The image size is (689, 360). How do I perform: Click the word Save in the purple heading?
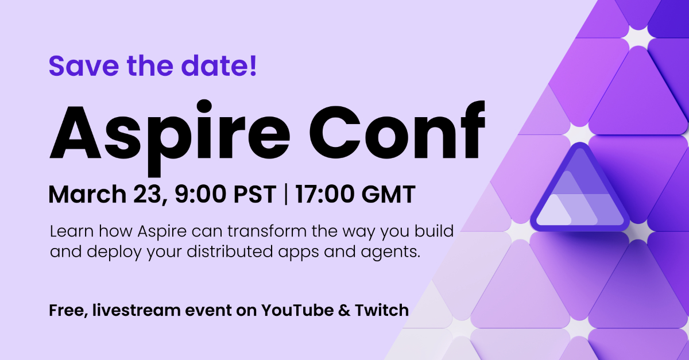[84, 65]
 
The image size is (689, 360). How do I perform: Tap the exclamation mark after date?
[253, 65]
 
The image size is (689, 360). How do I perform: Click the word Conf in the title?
[397, 130]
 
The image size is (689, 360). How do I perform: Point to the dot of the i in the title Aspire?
[204, 106]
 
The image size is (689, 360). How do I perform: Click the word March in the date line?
[87, 195]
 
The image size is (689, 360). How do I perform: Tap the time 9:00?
[200, 195]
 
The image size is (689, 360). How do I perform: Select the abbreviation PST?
[255, 195]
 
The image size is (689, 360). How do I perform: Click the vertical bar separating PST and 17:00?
[286, 194]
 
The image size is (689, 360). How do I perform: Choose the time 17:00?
[324, 195]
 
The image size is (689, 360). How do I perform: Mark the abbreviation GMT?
[388, 195]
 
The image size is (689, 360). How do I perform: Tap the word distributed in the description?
[230, 251]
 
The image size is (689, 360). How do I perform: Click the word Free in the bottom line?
[68, 311]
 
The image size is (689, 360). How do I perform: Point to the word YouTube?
[297, 310]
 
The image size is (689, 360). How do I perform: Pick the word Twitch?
[382, 310]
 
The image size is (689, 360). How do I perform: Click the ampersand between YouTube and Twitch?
[344, 311]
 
